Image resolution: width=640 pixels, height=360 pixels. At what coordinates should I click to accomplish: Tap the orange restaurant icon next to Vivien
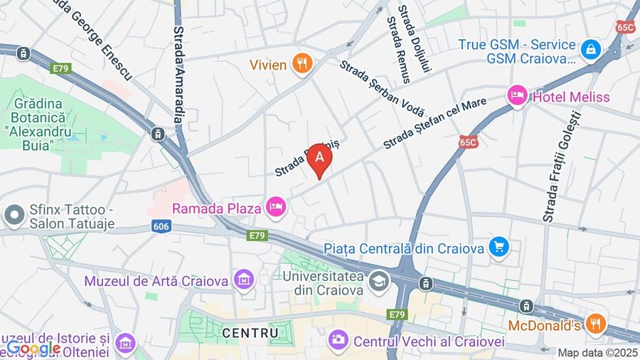pyautogui.click(x=303, y=65)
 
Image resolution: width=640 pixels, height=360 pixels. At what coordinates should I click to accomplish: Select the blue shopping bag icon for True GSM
pyautogui.click(x=590, y=50)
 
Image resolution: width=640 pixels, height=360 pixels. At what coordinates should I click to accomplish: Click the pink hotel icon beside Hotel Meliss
pyautogui.click(x=516, y=95)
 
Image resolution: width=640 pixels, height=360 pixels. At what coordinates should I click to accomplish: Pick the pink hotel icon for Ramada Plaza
pyautogui.click(x=275, y=208)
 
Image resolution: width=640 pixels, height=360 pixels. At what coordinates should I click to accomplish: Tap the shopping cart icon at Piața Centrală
pyautogui.click(x=500, y=248)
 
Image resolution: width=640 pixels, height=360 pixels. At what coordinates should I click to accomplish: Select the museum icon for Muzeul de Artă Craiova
pyautogui.click(x=245, y=280)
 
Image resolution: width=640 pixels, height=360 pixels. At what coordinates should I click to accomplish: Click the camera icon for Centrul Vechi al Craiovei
pyautogui.click(x=338, y=341)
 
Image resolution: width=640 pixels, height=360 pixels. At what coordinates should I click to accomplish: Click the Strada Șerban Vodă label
pyautogui.click(x=382, y=88)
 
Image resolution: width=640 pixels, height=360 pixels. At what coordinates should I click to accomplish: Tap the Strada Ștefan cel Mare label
pyautogui.click(x=434, y=123)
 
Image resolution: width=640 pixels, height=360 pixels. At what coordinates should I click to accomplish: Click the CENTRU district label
pyautogui.click(x=250, y=332)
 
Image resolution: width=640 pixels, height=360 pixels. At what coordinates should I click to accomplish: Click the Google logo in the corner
pyautogui.click(x=33, y=349)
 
